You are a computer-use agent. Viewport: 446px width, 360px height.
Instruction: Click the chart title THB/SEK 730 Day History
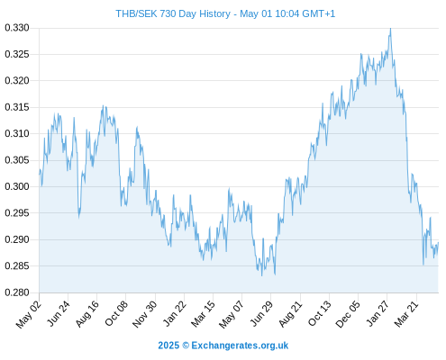[x=173, y=13]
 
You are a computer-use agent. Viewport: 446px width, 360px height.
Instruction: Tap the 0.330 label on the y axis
[x=17, y=28]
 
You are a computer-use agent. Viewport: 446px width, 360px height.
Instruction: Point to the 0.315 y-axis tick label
[x=17, y=107]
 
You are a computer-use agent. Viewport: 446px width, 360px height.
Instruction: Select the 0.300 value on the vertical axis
[x=17, y=186]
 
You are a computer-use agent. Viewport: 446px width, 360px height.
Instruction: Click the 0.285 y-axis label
[x=17, y=265]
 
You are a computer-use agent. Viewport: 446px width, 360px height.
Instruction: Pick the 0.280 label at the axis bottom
[x=17, y=292]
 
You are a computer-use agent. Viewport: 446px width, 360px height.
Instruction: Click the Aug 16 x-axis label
[x=87, y=313]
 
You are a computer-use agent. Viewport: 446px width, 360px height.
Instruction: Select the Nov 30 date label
[x=145, y=314]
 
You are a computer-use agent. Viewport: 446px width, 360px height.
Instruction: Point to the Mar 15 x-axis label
[x=204, y=313]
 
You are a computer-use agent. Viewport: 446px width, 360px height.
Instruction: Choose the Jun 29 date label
[x=261, y=313]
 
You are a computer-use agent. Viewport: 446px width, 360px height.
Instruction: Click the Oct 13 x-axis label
[x=320, y=313]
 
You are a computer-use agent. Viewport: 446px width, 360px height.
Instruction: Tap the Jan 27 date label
[x=378, y=313]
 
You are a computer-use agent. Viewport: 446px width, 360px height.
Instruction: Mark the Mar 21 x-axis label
[x=406, y=314]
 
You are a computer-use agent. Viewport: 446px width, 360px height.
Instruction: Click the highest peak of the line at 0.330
[x=390, y=28]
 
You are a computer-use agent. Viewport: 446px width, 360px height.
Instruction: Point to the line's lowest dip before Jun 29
[x=262, y=275]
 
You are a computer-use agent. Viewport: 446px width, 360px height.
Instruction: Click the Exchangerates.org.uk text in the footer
[x=240, y=346]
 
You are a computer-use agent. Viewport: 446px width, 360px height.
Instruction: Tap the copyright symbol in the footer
[x=186, y=346]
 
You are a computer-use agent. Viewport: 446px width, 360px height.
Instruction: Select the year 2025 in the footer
[x=168, y=346]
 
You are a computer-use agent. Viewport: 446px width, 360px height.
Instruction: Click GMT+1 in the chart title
[x=318, y=13]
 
